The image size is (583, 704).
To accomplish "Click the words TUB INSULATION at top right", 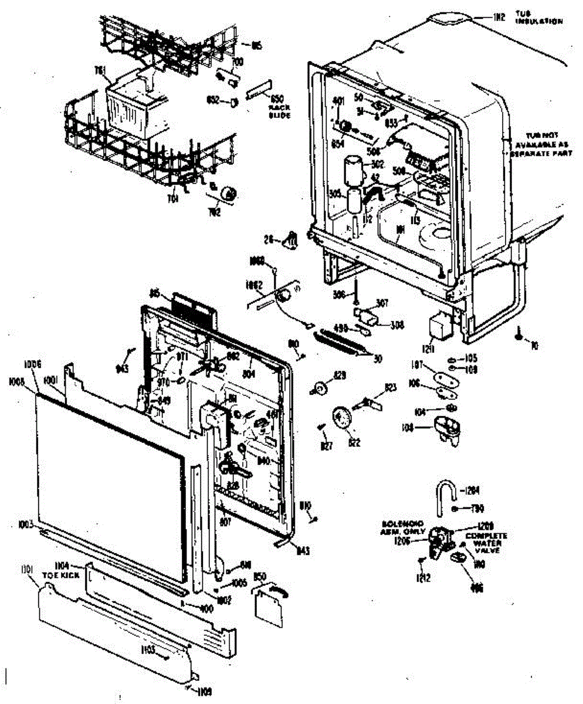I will click(x=538, y=17).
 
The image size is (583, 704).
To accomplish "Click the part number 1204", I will click(x=470, y=490).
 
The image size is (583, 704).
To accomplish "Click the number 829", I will click(x=339, y=374).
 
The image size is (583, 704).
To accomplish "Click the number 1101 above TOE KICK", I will click(x=28, y=568).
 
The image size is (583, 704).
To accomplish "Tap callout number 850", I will click(x=260, y=577).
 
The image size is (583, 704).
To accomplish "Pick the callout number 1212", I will click(x=422, y=577).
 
